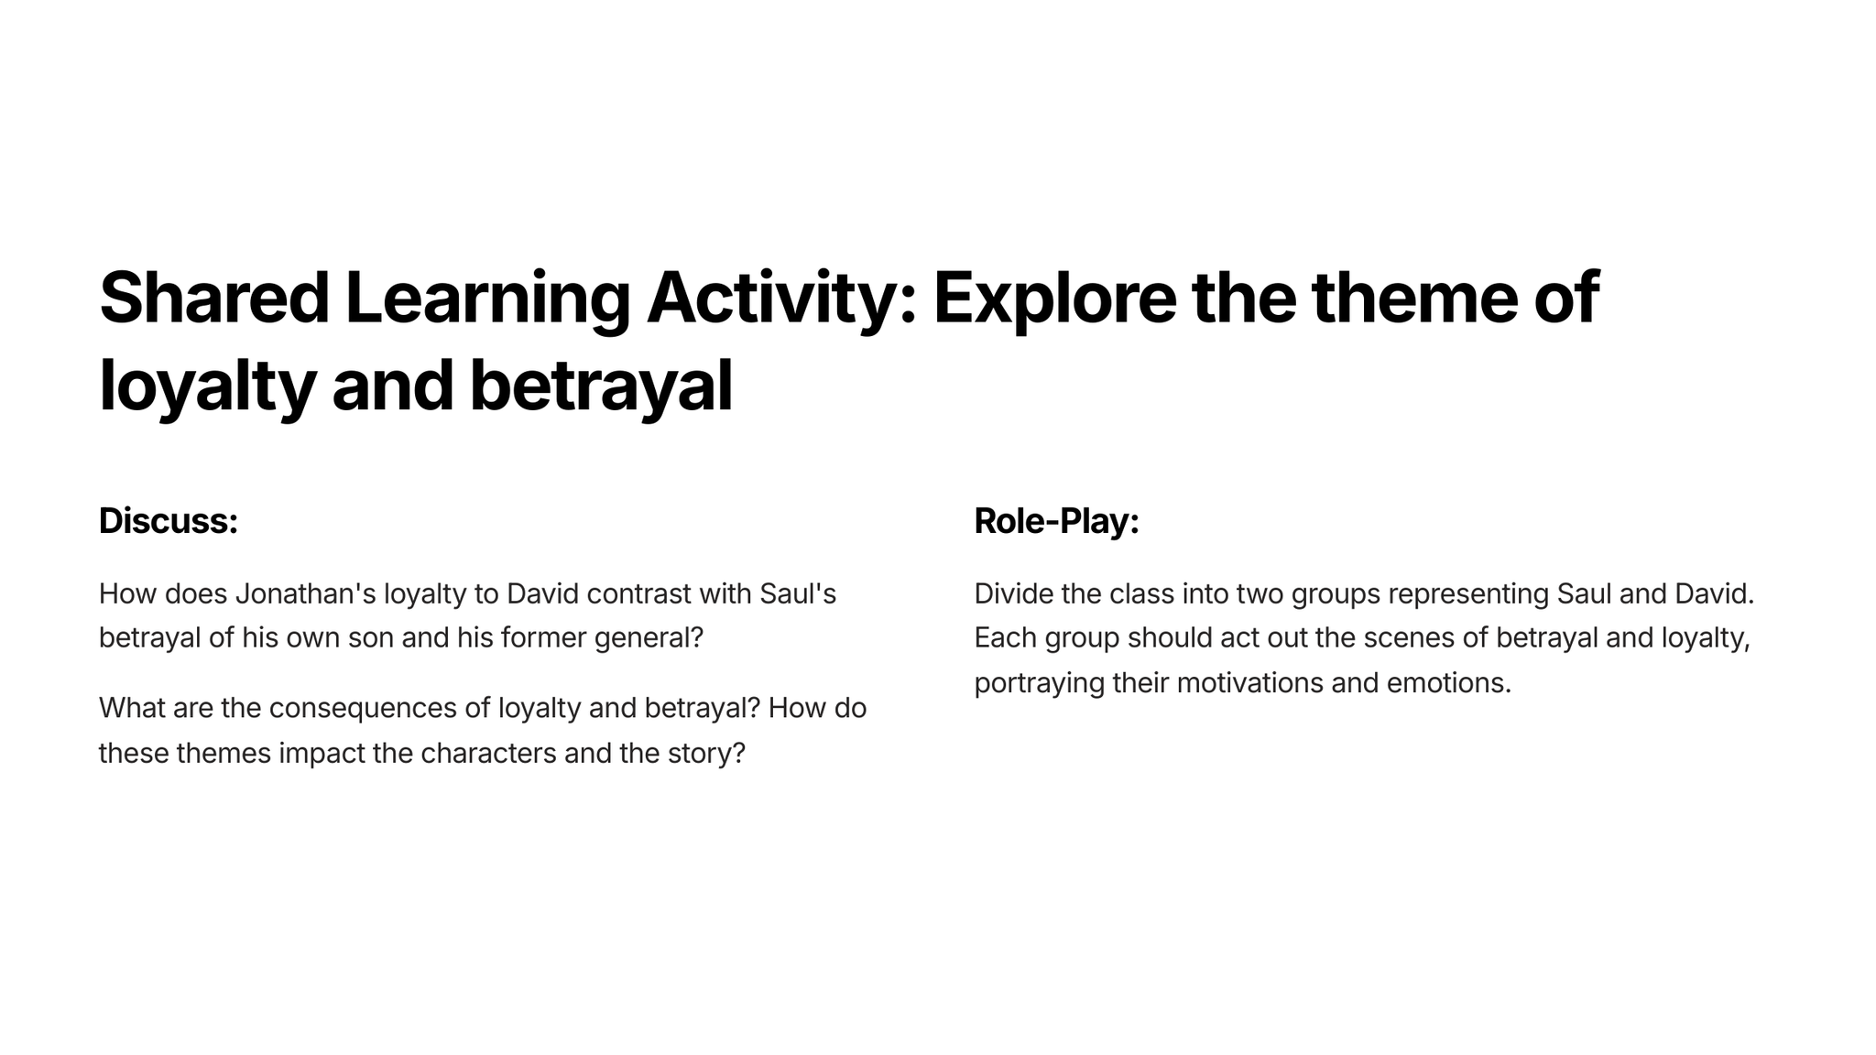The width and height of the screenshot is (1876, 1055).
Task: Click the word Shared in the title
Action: click(214, 298)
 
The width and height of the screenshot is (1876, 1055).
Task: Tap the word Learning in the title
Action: click(488, 299)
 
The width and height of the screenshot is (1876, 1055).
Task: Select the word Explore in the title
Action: click(1054, 299)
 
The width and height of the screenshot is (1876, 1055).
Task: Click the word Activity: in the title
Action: click(781, 299)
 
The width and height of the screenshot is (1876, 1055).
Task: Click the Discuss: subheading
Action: click(169, 520)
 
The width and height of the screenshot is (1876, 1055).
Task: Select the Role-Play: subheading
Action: click(1057, 520)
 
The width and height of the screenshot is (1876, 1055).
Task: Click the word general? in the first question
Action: click(649, 638)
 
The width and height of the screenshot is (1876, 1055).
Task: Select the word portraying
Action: click(1040, 683)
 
